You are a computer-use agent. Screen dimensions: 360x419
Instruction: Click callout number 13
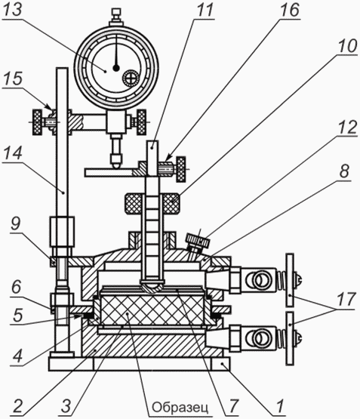pyautogui.click(x=12, y=10)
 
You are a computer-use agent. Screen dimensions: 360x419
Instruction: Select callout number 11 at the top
pyautogui.click(x=205, y=10)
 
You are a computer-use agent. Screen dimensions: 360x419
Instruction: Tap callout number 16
pyautogui.click(x=290, y=10)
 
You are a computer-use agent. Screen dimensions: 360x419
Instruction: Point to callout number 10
pyautogui.click(x=347, y=46)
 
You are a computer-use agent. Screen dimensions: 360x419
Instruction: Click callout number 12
pyautogui.click(x=347, y=127)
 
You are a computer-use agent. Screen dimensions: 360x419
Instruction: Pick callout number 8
pyautogui.click(x=344, y=171)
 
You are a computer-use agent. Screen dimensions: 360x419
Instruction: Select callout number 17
pyautogui.click(x=346, y=299)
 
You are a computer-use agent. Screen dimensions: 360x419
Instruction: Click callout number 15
pyautogui.click(x=13, y=79)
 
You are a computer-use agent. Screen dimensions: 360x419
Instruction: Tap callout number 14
pyautogui.click(x=12, y=153)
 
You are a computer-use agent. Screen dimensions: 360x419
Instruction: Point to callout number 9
pyautogui.click(x=16, y=223)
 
